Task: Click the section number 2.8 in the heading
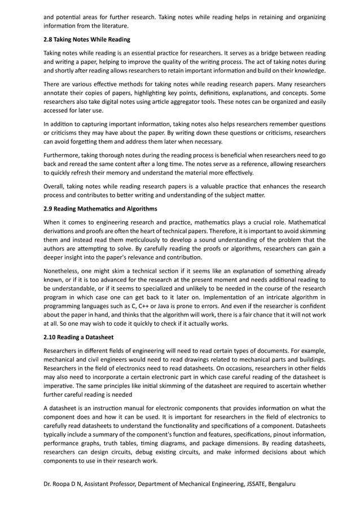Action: (x=49, y=40)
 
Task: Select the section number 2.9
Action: (x=49, y=209)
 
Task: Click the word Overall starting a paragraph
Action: (x=56, y=186)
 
